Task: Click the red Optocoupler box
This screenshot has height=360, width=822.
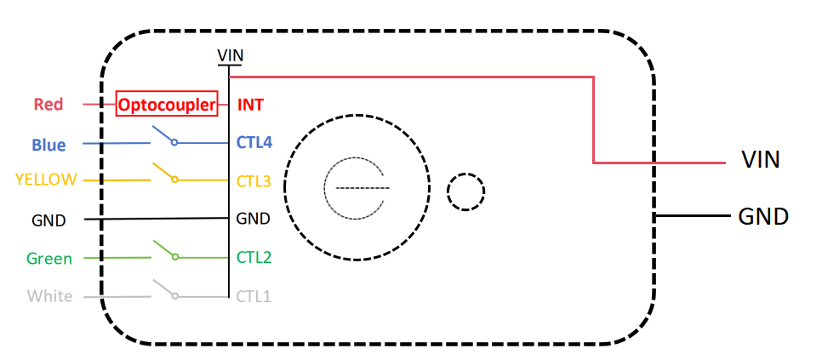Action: tap(167, 105)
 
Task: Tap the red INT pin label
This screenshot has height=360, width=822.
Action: tap(250, 105)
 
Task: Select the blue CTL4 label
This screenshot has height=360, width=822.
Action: tap(254, 142)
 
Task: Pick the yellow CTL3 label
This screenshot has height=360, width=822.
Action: tap(254, 181)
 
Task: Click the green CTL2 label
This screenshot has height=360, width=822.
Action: tap(254, 257)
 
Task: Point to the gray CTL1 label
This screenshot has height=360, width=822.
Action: tap(254, 296)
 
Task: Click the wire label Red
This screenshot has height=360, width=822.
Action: tap(49, 105)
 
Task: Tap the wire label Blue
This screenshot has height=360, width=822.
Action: tap(49, 145)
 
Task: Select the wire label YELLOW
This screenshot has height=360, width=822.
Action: tap(46, 180)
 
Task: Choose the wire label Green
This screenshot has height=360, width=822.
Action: tap(49, 259)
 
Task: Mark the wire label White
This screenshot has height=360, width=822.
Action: tap(50, 296)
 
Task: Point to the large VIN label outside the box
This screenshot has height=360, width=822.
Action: tap(761, 159)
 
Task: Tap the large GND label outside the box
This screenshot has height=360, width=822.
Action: tap(763, 216)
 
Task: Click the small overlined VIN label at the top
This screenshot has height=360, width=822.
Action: tap(230, 55)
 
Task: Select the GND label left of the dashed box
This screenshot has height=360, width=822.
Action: tap(49, 220)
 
